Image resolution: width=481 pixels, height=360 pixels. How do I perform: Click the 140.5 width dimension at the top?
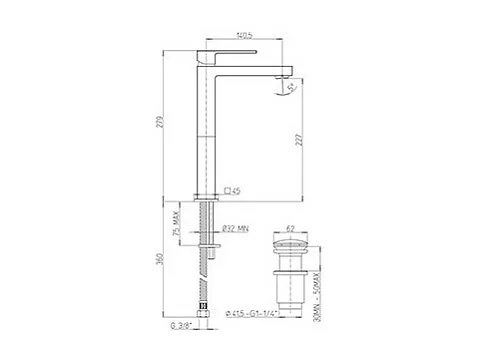pyautogui.click(x=241, y=36)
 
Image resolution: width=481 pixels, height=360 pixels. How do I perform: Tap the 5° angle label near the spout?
pyautogui.click(x=289, y=88)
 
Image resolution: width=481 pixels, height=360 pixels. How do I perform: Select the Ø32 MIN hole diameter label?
pyautogui.click(x=236, y=227)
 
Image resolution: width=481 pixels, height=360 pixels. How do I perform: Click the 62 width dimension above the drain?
pyautogui.click(x=290, y=228)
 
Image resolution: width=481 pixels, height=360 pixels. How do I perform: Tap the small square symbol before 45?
pyautogui.click(x=227, y=189)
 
